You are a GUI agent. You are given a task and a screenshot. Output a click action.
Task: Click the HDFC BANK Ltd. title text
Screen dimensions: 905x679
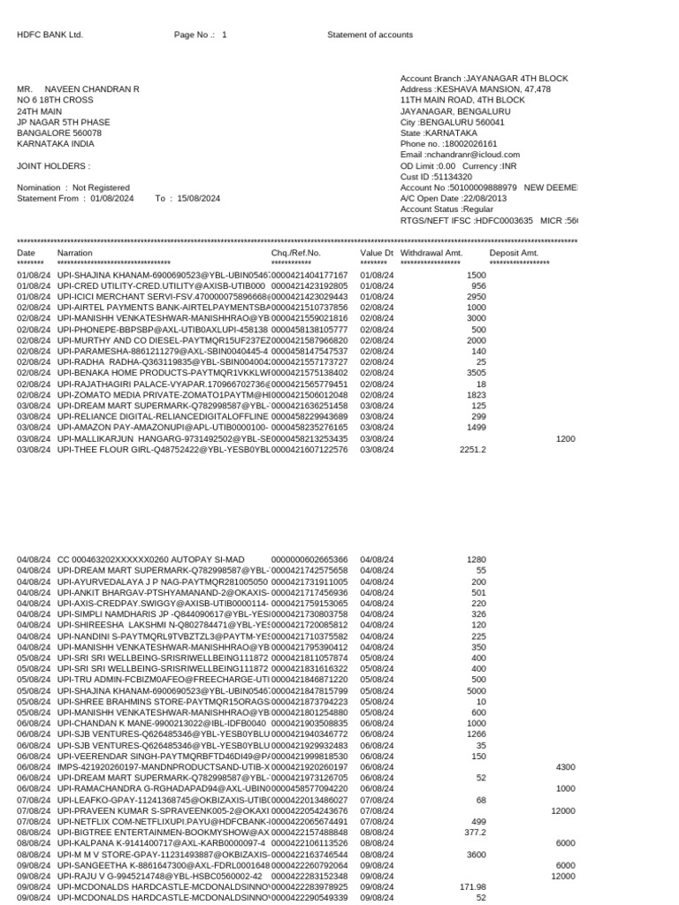[x=50, y=35]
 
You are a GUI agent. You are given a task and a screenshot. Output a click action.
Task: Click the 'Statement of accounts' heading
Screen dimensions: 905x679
[x=370, y=35]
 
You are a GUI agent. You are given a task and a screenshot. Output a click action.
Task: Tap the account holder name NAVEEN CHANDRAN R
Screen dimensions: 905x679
[x=93, y=89]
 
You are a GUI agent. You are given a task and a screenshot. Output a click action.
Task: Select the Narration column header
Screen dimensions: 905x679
[x=74, y=253]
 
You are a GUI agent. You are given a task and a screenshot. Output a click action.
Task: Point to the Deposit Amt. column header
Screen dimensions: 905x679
[x=514, y=253]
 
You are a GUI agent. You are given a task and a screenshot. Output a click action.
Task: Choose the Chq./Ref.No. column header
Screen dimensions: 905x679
[x=295, y=253]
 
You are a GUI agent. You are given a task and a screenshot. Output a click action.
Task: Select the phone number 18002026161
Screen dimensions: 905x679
[x=467, y=144]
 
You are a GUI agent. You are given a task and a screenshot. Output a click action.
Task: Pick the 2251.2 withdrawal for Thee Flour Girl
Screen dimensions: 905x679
[x=472, y=449]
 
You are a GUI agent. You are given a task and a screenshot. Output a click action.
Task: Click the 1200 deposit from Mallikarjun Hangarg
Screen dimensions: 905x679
[x=565, y=438]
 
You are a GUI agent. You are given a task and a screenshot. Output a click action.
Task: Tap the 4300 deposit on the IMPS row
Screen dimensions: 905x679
[x=565, y=767]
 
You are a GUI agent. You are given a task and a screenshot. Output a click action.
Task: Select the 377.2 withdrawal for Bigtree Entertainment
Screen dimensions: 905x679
[x=475, y=833]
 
